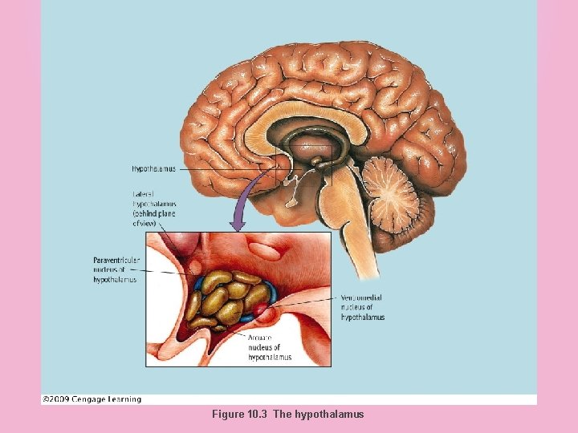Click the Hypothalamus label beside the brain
coord(153,169)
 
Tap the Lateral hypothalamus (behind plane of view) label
coord(154,208)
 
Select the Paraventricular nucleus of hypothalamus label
coord(117,269)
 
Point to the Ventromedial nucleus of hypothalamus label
coord(363,307)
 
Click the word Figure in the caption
coord(226,415)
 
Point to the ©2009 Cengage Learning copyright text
coord(92,399)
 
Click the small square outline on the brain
coord(303,166)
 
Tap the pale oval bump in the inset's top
coord(270,248)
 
